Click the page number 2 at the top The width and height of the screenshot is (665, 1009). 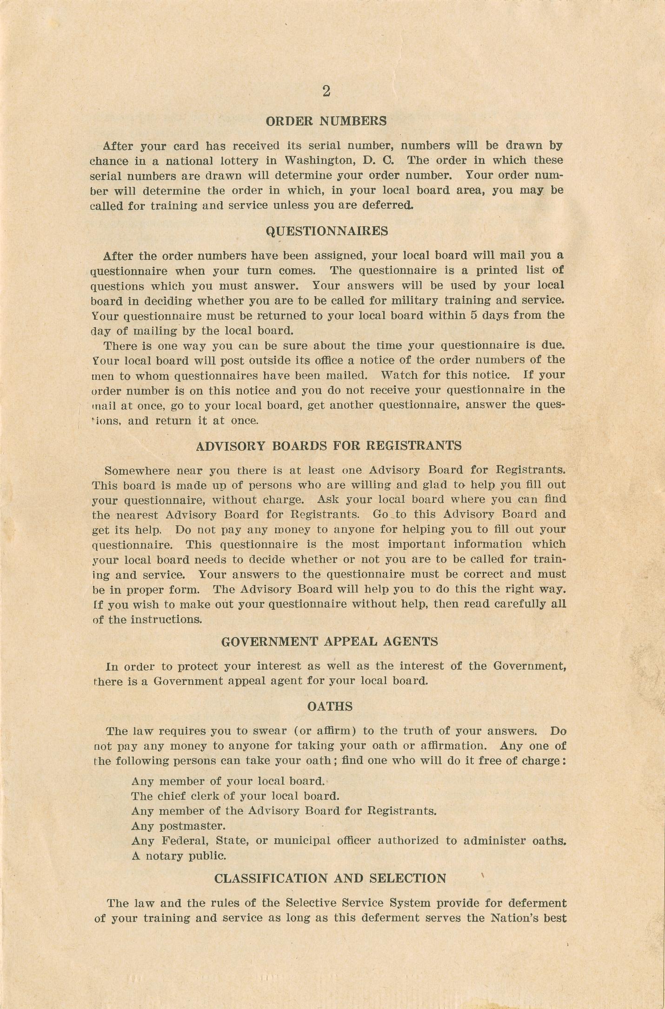[x=326, y=92]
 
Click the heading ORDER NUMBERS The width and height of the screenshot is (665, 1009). [x=326, y=121]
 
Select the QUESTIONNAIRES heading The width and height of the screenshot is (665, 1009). [x=327, y=231]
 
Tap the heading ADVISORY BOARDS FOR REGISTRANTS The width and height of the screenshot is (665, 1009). [x=329, y=446]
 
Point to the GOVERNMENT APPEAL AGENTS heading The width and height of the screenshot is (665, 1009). [x=329, y=642]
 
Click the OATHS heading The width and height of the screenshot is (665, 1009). [x=330, y=707]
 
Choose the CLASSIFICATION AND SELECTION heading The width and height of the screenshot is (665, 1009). [x=330, y=878]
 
